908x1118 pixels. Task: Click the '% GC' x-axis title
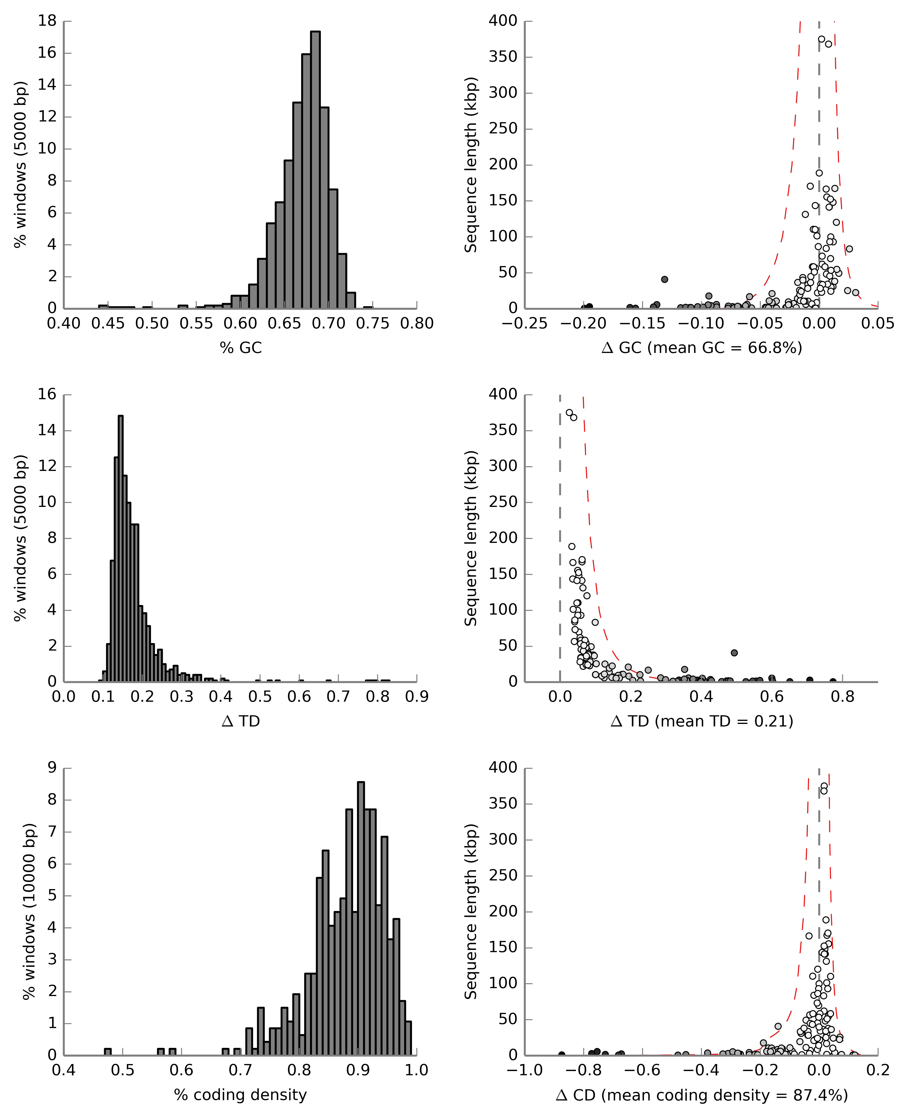coord(241,348)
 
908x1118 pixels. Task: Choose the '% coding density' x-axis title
coord(241,1095)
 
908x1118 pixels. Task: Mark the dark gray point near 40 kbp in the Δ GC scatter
coord(664,279)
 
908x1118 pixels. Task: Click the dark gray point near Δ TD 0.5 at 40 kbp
coord(734,653)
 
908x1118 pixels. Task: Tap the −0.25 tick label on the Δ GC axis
coord(525,324)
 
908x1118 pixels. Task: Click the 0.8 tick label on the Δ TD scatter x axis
coord(843,697)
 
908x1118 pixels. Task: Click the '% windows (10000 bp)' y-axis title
coord(30,912)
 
